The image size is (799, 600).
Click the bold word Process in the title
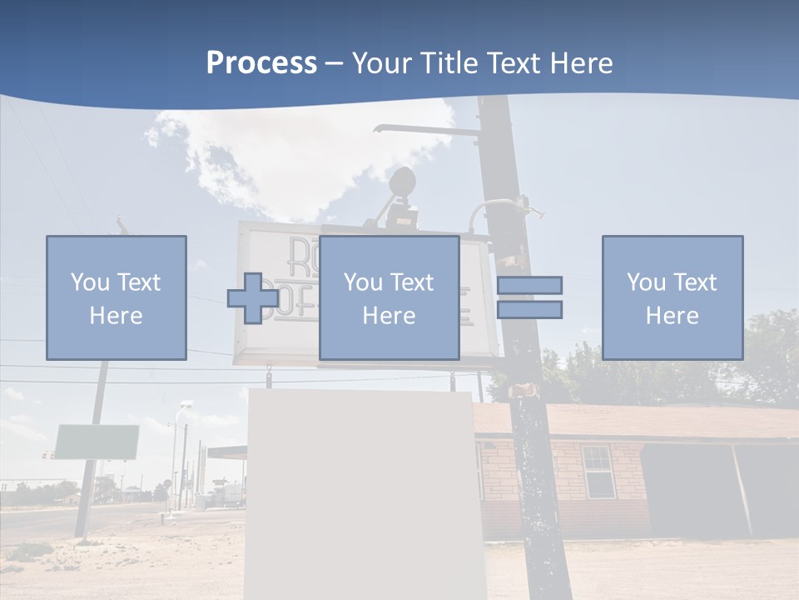(261, 63)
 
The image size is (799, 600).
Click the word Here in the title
(582, 63)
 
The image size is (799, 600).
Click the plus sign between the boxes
(253, 297)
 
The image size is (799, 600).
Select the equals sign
(529, 297)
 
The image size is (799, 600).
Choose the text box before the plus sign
(116, 297)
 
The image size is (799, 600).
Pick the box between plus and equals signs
(389, 297)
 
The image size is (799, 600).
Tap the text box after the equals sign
(672, 297)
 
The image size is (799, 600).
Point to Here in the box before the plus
(116, 316)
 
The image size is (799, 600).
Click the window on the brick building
(597, 472)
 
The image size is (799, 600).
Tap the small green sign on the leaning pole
(97, 442)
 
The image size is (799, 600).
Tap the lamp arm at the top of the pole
(424, 129)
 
